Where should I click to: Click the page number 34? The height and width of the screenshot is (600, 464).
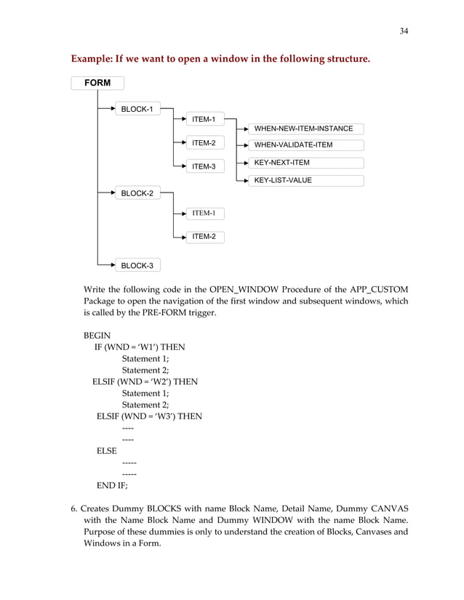(404, 31)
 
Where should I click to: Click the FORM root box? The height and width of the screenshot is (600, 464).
(97, 84)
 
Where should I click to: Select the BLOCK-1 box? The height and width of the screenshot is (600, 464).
(137, 109)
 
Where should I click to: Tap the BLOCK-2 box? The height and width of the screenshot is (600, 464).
(137, 193)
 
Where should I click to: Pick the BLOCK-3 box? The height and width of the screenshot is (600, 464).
(137, 266)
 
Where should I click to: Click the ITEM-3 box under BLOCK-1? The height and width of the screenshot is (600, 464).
(204, 166)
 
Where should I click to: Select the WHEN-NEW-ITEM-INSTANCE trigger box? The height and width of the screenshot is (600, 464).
(304, 129)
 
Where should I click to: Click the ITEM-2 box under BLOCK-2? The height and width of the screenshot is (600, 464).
(204, 237)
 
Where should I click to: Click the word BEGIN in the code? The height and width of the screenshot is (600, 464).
(97, 336)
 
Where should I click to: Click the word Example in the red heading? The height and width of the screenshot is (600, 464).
(92, 57)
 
